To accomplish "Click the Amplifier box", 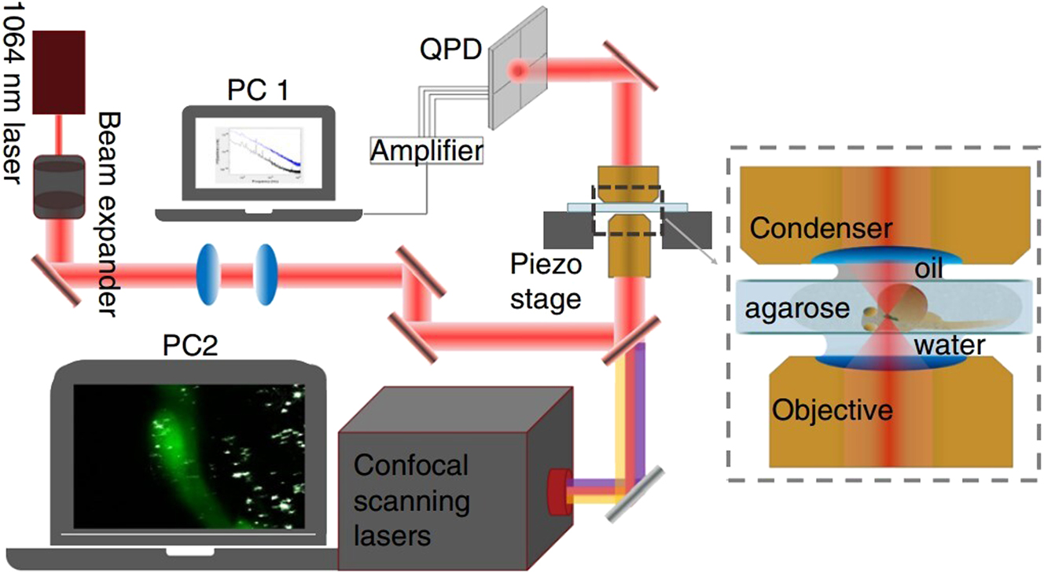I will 426,149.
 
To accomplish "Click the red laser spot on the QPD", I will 518,72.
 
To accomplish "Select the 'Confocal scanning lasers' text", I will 410,501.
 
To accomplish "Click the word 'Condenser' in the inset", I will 822,229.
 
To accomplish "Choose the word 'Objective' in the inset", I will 833,410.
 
